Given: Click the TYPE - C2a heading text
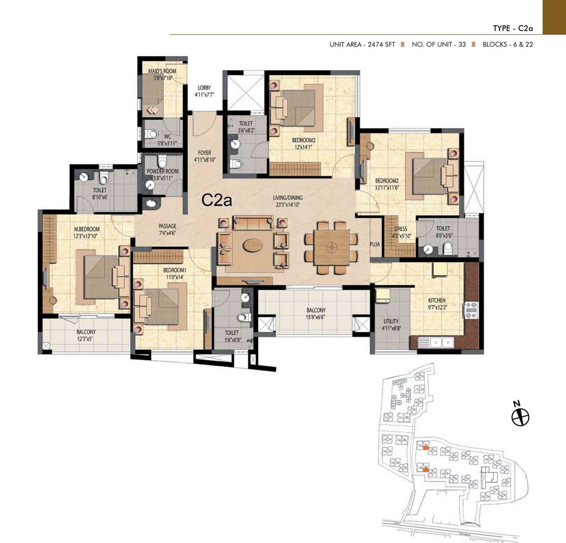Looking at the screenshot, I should coord(512,28).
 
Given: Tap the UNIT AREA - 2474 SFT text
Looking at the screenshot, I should coord(362,45).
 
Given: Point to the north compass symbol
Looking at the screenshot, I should coord(520,417).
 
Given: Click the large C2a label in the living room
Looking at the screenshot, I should coord(217,200).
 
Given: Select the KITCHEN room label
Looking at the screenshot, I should coord(437,301).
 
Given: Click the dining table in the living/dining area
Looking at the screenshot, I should coord(332,247).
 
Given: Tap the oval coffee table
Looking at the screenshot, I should coord(252,245).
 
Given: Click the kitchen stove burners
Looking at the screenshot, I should coord(471,310).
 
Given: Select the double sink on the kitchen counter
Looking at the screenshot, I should coord(442,342).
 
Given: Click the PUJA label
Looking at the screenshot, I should coord(375,244).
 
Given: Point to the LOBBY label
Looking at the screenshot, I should coord(204,88).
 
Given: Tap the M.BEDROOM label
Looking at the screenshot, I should coord(87,229).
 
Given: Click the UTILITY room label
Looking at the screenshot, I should coord(391,321).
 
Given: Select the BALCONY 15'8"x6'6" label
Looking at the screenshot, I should coord(316,310).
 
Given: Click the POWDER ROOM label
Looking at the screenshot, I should coord(163,171).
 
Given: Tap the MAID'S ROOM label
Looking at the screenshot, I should coord(162,71).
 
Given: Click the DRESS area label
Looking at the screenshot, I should coord(400,229).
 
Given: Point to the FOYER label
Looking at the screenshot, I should coord(205,153).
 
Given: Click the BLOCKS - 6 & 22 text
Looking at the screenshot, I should coord(508,45).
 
